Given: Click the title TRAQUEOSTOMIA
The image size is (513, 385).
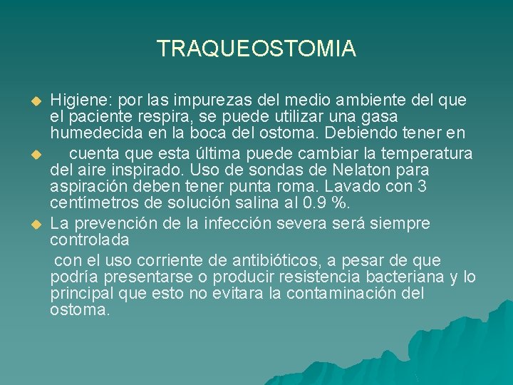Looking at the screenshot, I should click(256, 48).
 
